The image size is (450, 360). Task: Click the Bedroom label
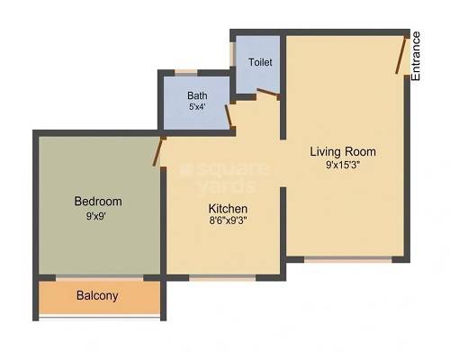[98, 202]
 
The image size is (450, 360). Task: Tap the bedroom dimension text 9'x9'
[98, 216]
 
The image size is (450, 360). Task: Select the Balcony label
[97, 295]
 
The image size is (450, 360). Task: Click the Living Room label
[343, 151]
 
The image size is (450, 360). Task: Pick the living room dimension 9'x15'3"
[343, 165]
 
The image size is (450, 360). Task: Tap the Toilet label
[260, 63]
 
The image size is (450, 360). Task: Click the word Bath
[197, 95]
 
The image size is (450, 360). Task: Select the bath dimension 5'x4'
[197, 107]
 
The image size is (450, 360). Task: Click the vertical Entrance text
[416, 56]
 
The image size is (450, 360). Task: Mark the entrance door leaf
[399, 55]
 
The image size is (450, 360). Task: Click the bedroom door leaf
[159, 151]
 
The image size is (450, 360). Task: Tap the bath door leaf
[230, 115]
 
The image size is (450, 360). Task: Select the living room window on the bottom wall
[347, 260]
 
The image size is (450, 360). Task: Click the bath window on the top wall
[186, 72]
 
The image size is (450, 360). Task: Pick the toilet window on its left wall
[233, 56]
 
